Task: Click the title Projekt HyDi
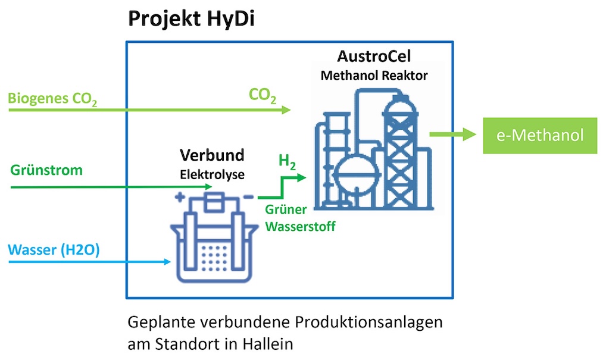(x=192, y=20)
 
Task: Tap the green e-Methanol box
(x=540, y=136)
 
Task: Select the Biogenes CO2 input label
(x=53, y=98)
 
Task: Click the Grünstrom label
(x=46, y=170)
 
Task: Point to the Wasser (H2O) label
(x=54, y=249)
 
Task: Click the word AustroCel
(x=374, y=57)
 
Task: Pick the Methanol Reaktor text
(x=374, y=76)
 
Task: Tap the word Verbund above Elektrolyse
(x=213, y=156)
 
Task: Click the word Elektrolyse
(x=213, y=175)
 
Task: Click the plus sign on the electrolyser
(x=179, y=197)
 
